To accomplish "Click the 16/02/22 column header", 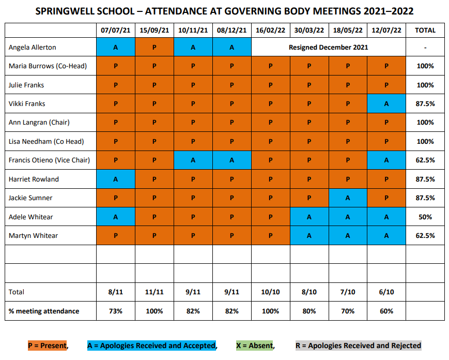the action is (x=270, y=31).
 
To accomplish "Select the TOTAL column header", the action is (x=425, y=31).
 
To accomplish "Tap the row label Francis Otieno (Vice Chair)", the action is (x=49, y=160).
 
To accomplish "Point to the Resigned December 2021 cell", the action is (x=329, y=47).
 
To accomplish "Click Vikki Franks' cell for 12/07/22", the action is (x=386, y=103).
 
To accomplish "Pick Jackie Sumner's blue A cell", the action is (x=348, y=198).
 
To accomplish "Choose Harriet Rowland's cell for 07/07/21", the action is (x=116, y=179).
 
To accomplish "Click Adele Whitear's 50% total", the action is (x=425, y=217).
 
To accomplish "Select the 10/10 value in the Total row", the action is (x=270, y=292).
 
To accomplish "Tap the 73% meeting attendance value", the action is (x=116, y=311).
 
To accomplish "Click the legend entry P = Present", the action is (x=47, y=346).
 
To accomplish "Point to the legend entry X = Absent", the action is (x=254, y=346).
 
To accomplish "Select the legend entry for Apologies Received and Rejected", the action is (x=359, y=346).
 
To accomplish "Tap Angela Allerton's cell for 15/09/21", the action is (x=154, y=47).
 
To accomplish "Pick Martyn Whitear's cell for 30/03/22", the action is (x=309, y=235).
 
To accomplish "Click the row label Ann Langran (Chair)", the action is (x=39, y=123).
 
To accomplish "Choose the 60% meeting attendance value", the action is (x=386, y=311).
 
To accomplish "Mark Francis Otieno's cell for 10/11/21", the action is (x=193, y=160).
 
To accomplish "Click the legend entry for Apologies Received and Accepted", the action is (x=152, y=346).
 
